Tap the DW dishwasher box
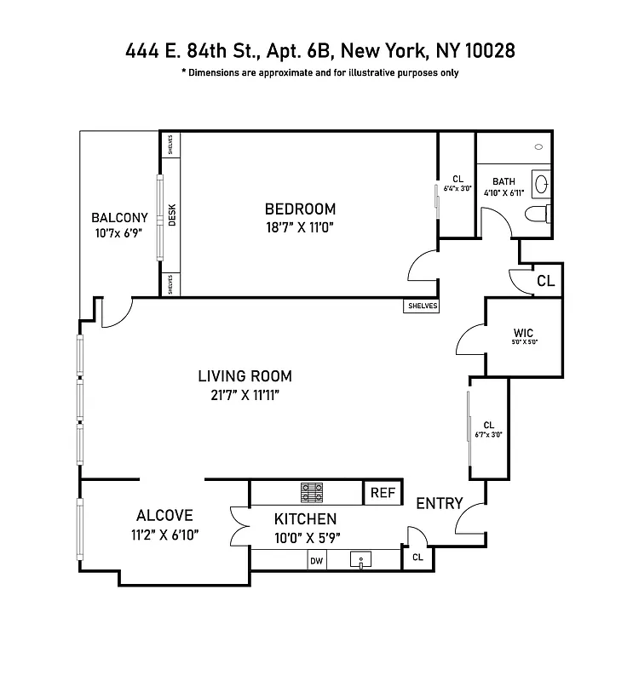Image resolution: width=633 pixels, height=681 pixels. pos(316,560)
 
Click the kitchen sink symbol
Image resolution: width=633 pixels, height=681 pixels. pos(362,560)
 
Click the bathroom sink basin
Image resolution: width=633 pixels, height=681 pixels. pos(540,181)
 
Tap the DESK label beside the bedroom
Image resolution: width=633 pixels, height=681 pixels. pos(171,213)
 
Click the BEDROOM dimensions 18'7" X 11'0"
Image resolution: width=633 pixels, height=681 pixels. pos(300,227)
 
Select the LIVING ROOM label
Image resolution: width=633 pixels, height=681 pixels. pos(245,375)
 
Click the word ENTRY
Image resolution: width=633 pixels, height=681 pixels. pos(439,504)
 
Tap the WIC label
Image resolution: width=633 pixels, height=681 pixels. pos(523,332)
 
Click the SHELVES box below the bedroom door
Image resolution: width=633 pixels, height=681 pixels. pos(421,306)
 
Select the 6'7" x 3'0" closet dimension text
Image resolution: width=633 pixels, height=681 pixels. pos(489,435)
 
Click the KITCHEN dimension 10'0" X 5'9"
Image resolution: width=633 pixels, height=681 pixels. pos(305,537)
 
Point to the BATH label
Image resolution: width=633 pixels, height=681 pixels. pos(504,181)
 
